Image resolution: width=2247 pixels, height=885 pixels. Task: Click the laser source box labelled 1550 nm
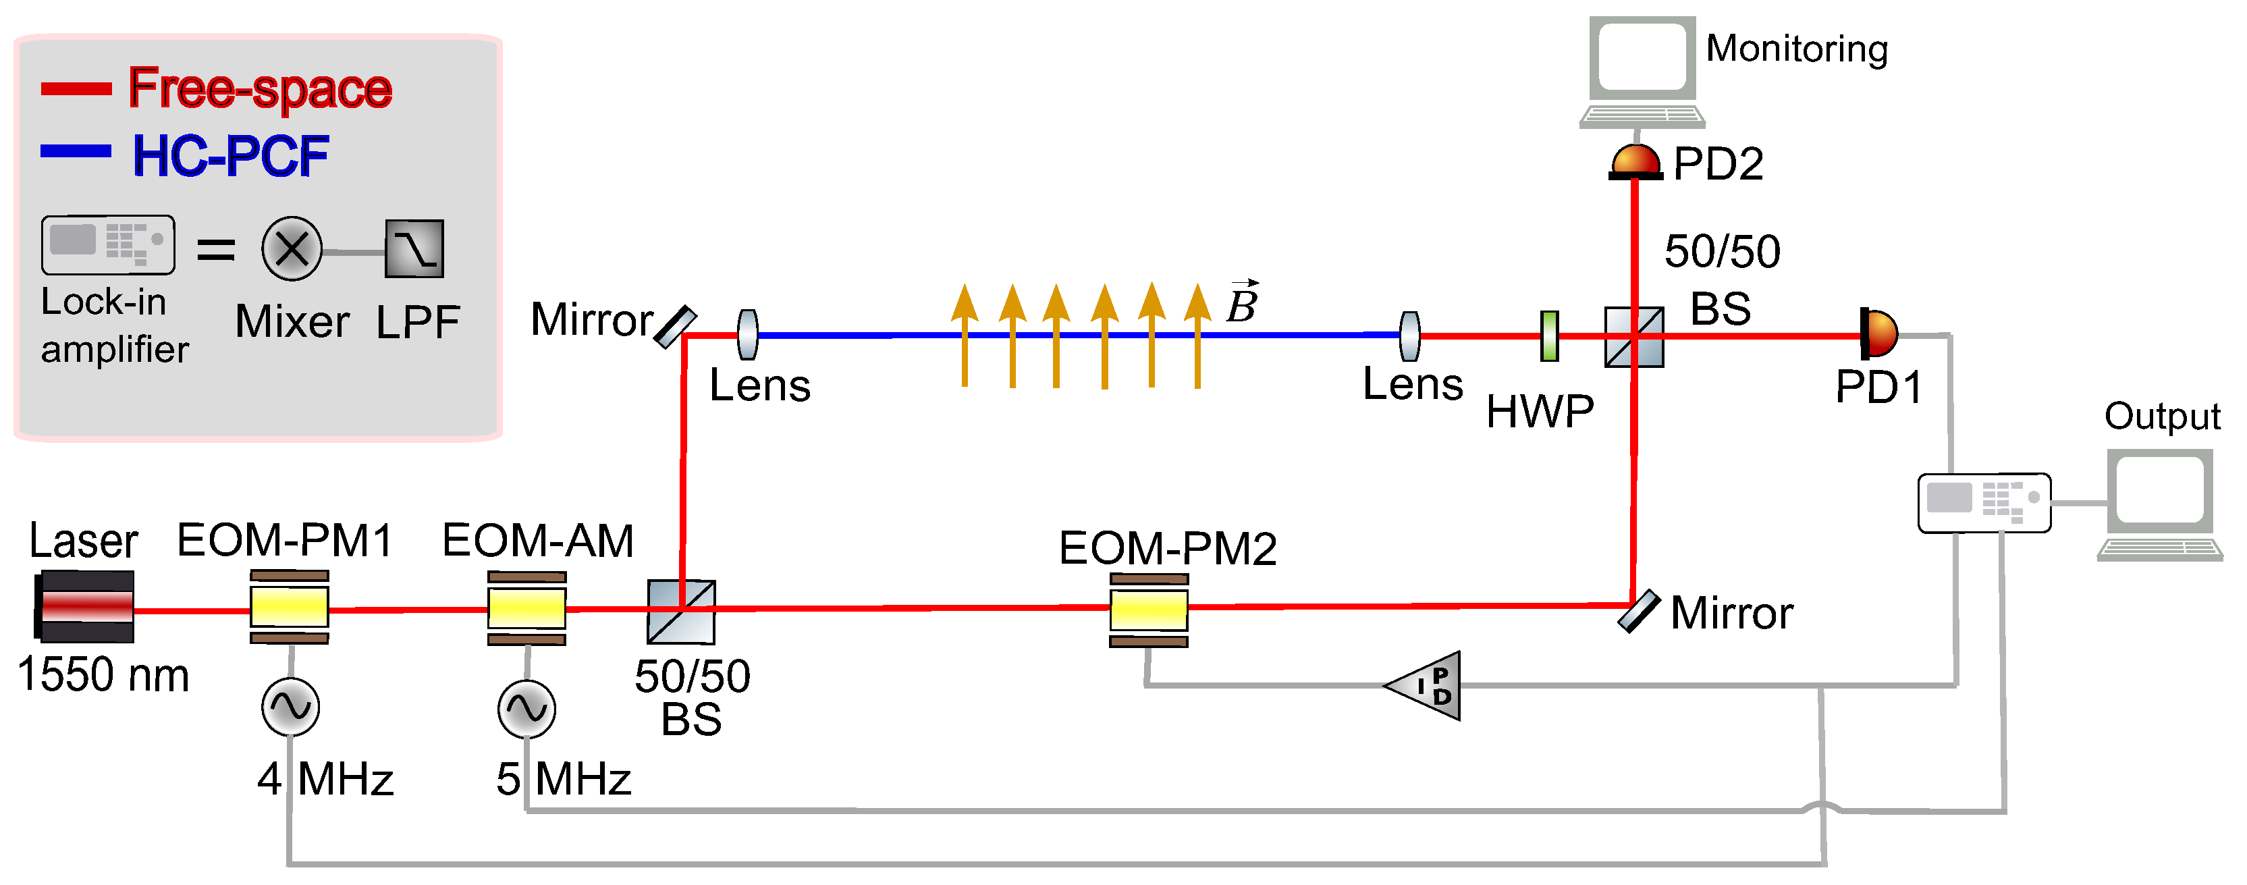pyautogui.click(x=84, y=607)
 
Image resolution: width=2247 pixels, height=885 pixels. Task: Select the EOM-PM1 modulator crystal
pyautogui.click(x=290, y=608)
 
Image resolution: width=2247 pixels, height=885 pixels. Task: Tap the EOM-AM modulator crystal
pyautogui.click(x=527, y=608)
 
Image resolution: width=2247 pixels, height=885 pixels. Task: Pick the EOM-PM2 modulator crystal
pyautogui.click(x=1149, y=610)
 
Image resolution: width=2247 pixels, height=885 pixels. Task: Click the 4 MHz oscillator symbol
pyautogui.click(x=290, y=707)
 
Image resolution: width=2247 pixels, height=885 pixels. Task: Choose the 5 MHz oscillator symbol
pyautogui.click(x=527, y=709)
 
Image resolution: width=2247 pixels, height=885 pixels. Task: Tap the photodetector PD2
pyautogui.click(x=1635, y=162)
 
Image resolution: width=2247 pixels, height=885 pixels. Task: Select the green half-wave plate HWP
pyautogui.click(x=1549, y=336)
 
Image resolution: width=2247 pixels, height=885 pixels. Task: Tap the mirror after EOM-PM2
pyautogui.click(x=1639, y=610)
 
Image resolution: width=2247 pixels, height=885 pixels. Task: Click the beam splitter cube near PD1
pyautogui.click(x=1634, y=337)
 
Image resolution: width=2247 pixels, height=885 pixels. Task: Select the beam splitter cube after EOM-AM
pyautogui.click(x=681, y=611)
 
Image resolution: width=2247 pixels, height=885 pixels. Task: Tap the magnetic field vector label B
pyautogui.click(x=1242, y=303)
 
